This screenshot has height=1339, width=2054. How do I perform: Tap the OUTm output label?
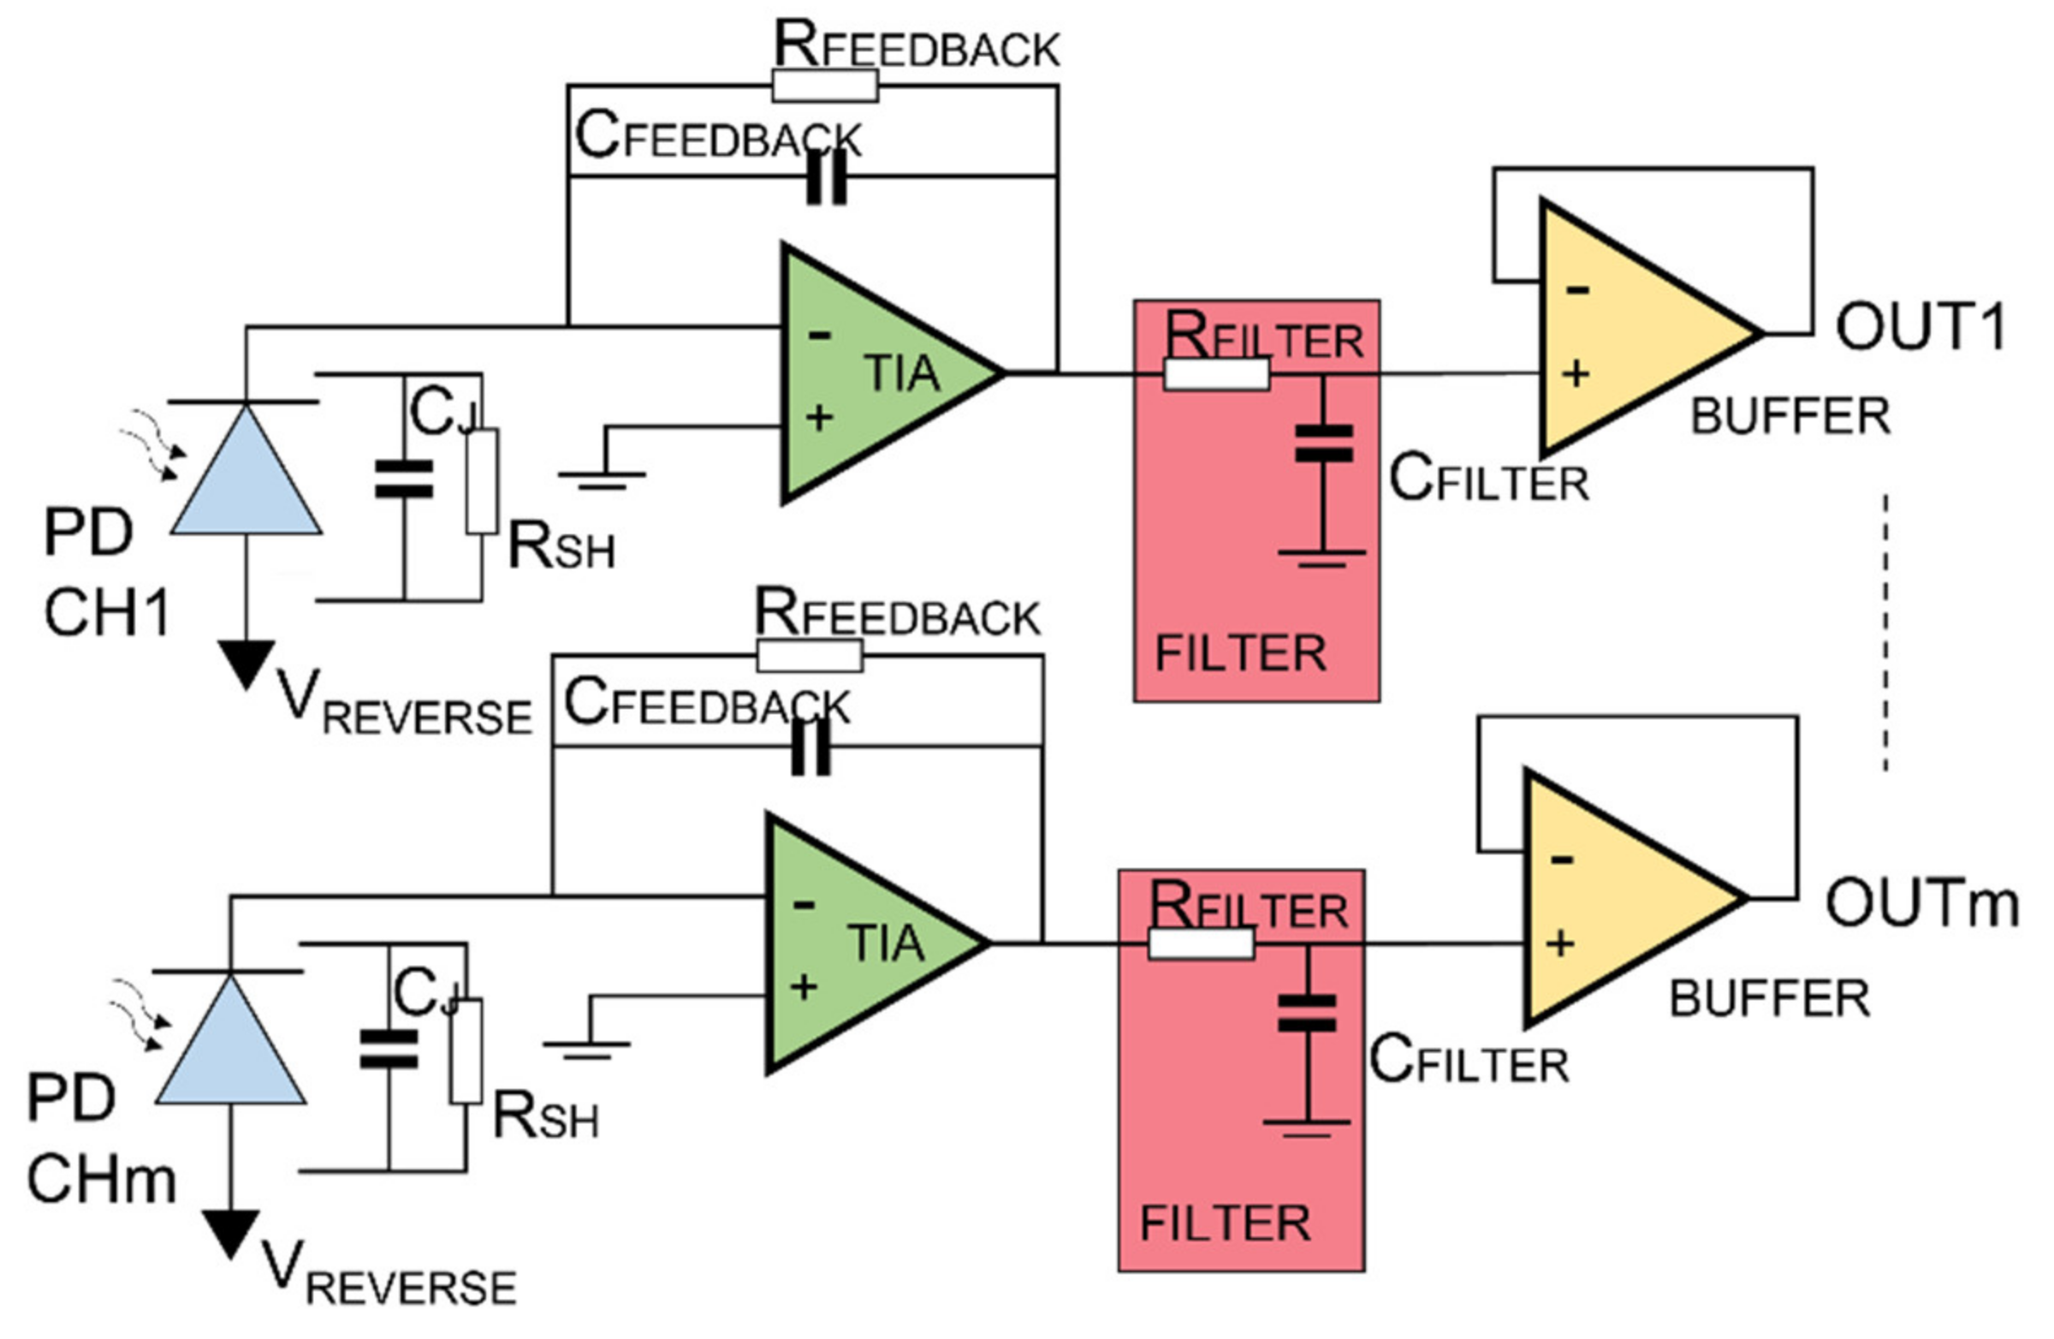click(x=1921, y=904)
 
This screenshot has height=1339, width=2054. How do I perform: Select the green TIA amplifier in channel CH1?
click(x=871, y=373)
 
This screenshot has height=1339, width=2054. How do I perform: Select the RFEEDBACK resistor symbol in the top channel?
click(x=825, y=86)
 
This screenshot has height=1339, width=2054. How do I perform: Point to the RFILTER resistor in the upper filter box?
click(x=1216, y=374)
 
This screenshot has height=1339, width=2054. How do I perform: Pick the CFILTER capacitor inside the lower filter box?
click(x=1307, y=1014)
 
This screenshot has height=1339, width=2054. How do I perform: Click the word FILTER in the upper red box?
click(x=1240, y=653)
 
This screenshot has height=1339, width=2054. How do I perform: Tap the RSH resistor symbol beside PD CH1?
click(x=482, y=482)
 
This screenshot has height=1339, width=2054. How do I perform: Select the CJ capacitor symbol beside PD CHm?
click(x=389, y=1050)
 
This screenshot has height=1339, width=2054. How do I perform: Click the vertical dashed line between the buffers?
click(x=1885, y=631)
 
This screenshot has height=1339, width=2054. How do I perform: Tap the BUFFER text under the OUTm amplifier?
click(x=1769, y=1000)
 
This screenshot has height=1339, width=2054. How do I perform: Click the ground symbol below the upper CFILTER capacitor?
click(x=1321, y=556)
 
